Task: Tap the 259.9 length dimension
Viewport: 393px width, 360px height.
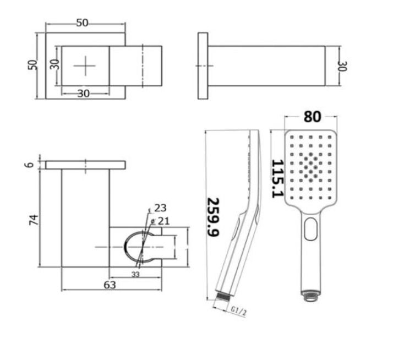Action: tap(212, 217)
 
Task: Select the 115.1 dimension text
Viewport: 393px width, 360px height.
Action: tap(277, 180)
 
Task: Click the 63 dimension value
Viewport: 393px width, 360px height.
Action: tap(110, 284)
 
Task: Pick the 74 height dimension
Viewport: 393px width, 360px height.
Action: tap(34, 220)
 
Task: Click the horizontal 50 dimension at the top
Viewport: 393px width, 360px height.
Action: tap(83, 23)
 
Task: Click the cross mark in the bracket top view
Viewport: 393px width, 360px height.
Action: tap(85, 66)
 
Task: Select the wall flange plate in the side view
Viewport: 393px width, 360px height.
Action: tap(203, 66)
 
